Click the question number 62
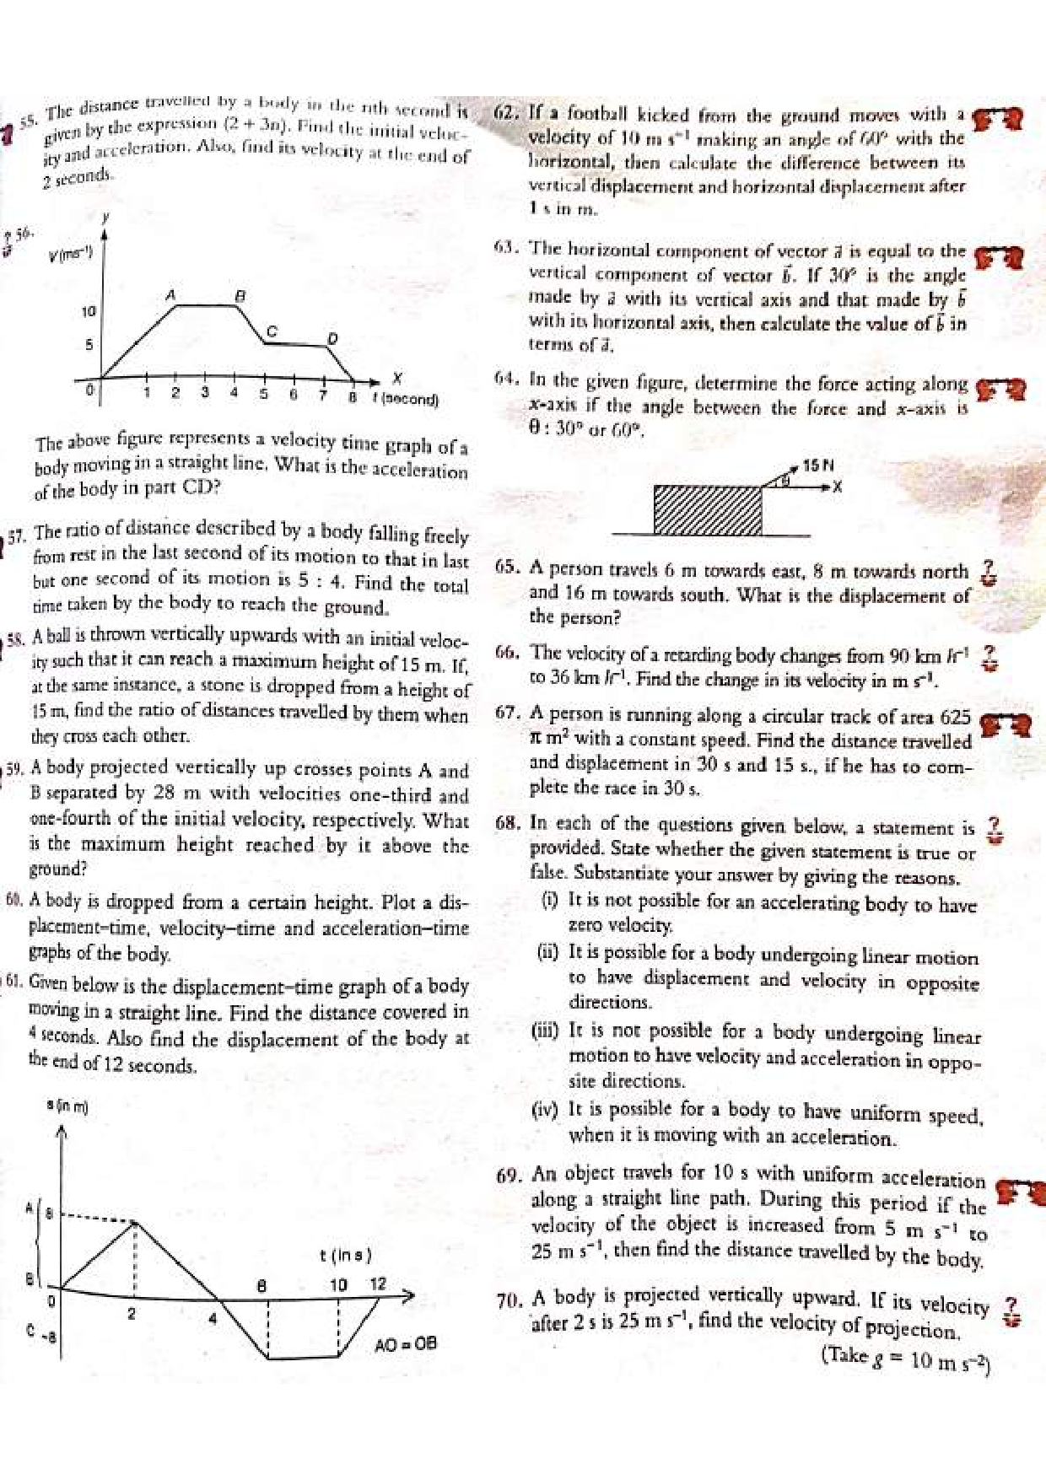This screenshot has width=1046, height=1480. (x=508, y=113)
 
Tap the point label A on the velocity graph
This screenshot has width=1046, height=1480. (x=170, y=295)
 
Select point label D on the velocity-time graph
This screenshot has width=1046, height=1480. (x=332, y=339)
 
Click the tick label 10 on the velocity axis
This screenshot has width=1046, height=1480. (x=88, y=312)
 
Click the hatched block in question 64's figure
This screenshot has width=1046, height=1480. (x=708, y=509)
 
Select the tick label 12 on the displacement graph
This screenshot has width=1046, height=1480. (x=378, y=1284)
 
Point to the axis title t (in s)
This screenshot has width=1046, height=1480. (x=345, y=1255)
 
